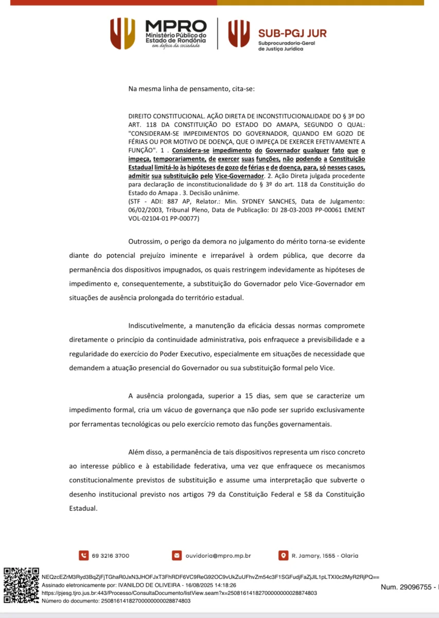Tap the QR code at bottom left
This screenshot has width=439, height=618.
tap(22, 586)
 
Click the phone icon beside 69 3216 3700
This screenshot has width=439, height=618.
tap(83, 556)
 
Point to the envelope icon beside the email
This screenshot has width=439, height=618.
tap(177, 556)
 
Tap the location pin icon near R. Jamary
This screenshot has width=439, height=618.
tap(283, 556)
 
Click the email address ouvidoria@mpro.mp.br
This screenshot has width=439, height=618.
tap(219, 556)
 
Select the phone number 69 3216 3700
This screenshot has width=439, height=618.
tap(111, 556)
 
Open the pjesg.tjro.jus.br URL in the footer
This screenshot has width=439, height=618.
tap(179, 593)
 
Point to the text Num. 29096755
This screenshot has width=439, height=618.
tap(406, 587)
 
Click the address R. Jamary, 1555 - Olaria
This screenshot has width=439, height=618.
tap(325, 556)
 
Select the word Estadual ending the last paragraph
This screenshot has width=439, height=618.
tap(83, 508)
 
